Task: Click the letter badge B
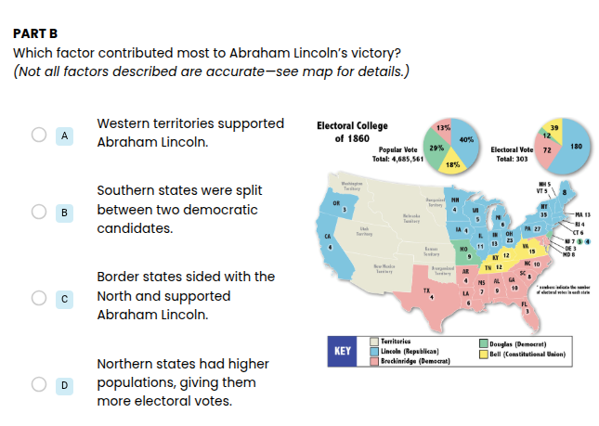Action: coord(64,213)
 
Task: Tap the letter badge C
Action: coord(64,298)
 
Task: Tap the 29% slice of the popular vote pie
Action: coord(436,148)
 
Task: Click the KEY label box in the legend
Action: coord(343,352)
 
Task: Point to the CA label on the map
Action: coord(328,237)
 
